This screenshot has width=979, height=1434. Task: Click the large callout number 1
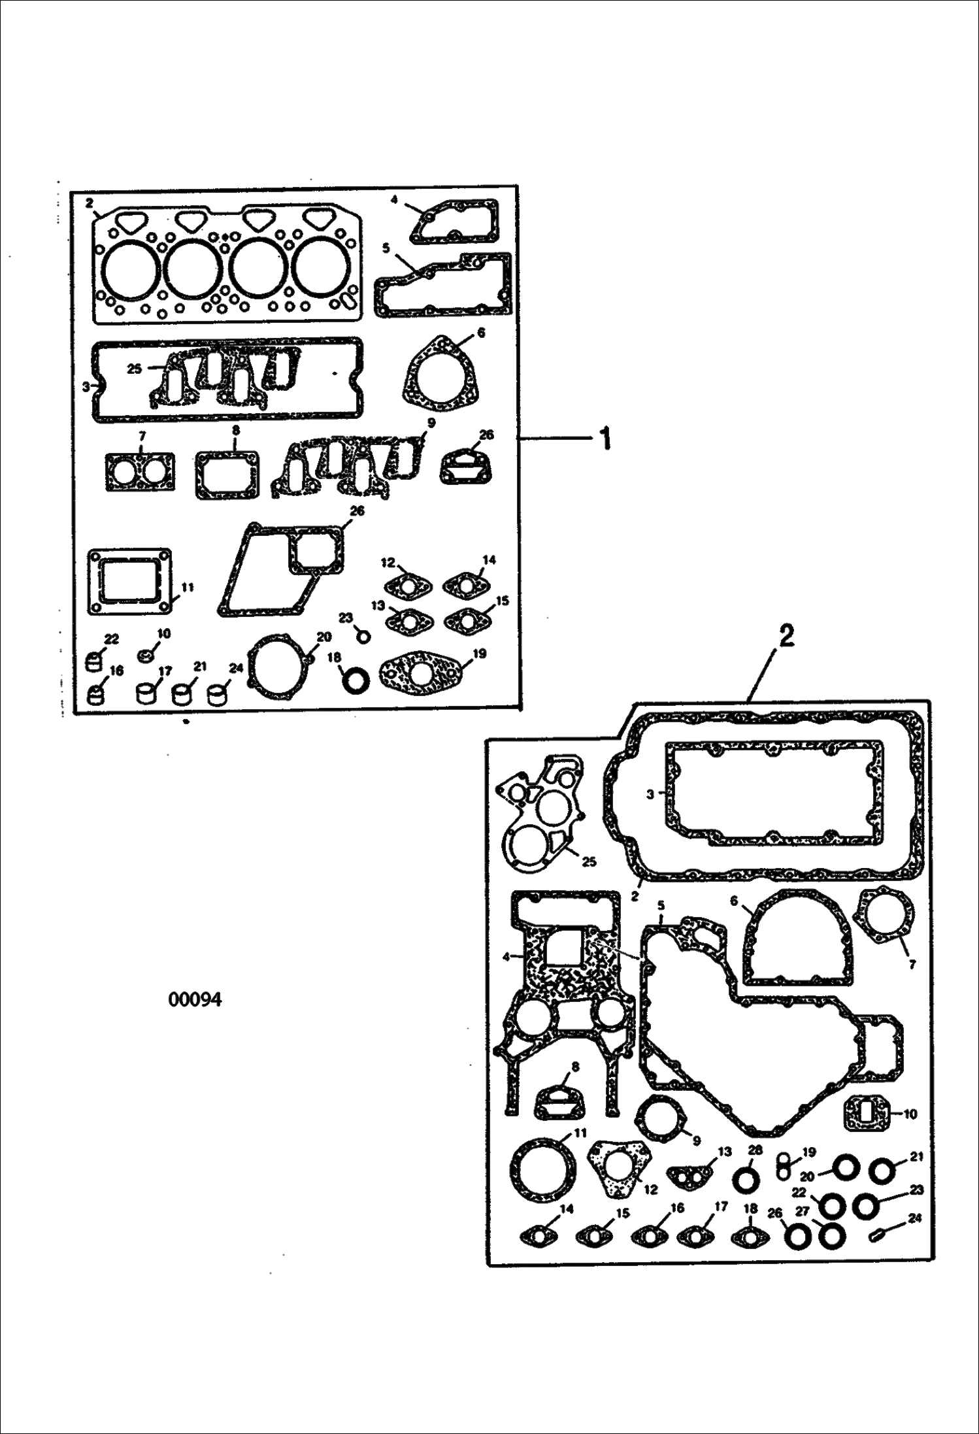point(606,438)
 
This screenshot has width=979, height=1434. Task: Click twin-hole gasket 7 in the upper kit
point(140,472)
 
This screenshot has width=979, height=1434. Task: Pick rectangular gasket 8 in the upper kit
point(227,475)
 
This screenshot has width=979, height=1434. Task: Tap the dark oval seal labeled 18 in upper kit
point(357,682)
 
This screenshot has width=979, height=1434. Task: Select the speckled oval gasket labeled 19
point(422,673)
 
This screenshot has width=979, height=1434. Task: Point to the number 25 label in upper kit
point(134,369)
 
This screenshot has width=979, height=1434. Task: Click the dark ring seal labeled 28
point(746,1180)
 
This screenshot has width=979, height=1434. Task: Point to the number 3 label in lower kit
point(650,794)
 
